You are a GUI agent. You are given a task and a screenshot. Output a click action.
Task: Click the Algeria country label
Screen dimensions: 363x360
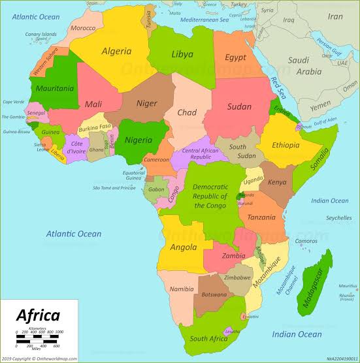click(116, 51)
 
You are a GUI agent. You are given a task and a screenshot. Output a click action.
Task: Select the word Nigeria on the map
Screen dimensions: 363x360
click(138, 139)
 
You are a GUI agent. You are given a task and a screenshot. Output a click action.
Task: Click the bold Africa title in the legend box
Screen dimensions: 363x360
click(38, 316)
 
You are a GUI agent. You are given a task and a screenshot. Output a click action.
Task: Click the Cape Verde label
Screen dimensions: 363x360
click(13, 102)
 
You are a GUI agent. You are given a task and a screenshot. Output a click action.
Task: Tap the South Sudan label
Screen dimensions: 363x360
click(237, 151)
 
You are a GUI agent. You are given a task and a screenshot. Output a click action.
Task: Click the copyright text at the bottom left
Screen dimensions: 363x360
click(39, 358)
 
